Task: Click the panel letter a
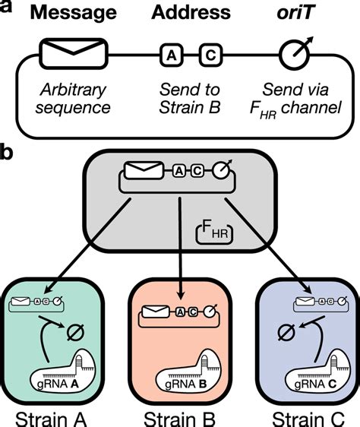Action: coord(8,8)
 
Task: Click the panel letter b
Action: coord(8,152)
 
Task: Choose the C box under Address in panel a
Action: coord(210,55)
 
